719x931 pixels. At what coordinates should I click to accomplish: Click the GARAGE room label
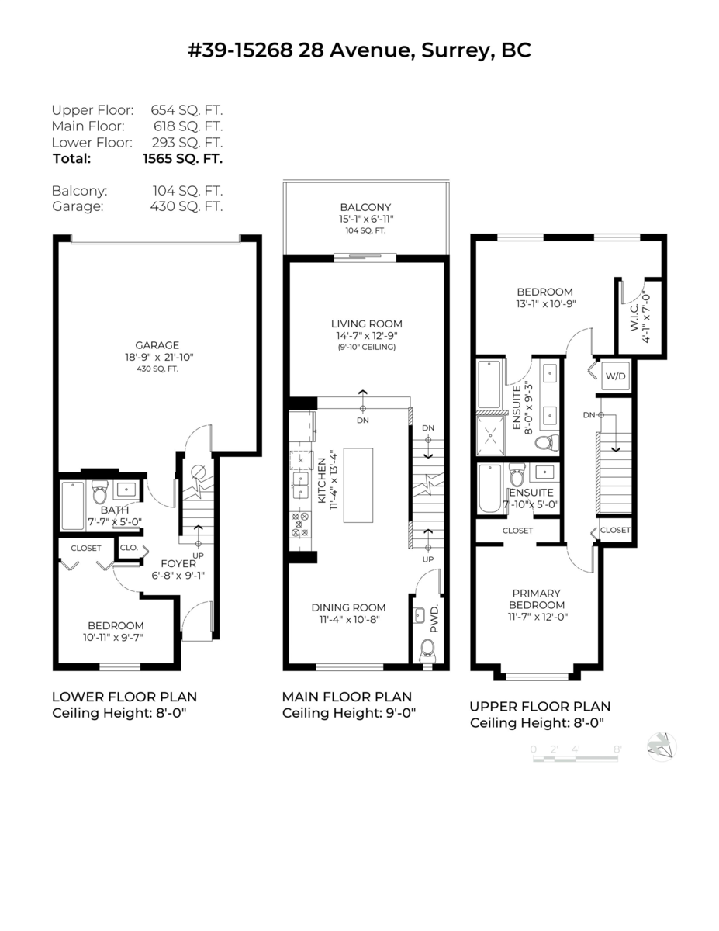(157, 345)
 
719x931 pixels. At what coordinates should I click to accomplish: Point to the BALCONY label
(365, 207)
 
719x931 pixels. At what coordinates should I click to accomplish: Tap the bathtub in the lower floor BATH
(73, 506)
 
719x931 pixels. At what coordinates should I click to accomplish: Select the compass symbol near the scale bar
(662, 747)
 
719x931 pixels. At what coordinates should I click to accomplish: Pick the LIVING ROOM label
(367, 324)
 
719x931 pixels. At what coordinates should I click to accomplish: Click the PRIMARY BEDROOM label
(536, 598)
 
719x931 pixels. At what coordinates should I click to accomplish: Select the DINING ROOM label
(348, 607)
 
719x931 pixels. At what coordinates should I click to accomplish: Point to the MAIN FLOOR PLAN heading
(347, 697)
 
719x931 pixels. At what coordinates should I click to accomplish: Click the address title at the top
(359, 50)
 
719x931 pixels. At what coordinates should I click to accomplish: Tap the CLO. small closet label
(128, 548)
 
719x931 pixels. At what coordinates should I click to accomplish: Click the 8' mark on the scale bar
(617, 749)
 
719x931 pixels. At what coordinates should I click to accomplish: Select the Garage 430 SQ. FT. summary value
(186, 206)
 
